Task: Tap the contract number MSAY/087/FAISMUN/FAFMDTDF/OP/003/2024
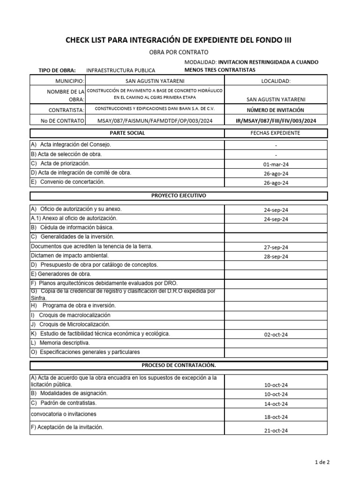pos(155,120)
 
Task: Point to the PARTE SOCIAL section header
pos(127,133)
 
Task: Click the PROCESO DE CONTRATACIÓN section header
pos(179,365)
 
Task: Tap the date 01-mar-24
pos(276,165)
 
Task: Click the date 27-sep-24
pos(276,247)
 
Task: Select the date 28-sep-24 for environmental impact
pos(276,256)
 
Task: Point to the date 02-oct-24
pos(276,334)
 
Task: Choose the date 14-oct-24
pos(276,404)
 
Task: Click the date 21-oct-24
pos(276,431)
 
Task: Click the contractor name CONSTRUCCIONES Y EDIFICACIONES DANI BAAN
pos(155,108)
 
